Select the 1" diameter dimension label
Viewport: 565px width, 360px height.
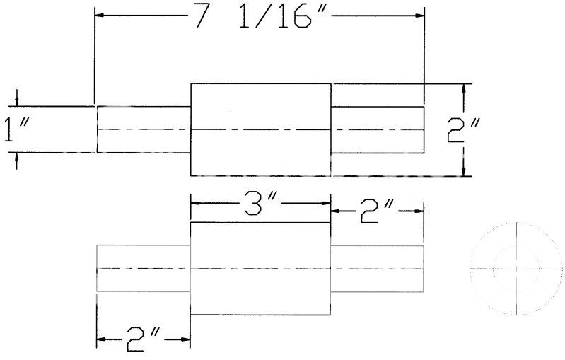[x=16, y=129]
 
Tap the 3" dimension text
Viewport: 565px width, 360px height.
[x=260, y=203]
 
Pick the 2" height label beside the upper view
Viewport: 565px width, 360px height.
[x=463, y=130]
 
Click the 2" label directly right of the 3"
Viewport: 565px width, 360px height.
[x=376, y=211]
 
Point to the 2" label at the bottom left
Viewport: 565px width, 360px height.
[x=143, y=339]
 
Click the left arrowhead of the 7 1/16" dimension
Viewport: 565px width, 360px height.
[x=100, y=16]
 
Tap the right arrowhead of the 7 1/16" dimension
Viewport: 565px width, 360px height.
[x=420, y=16]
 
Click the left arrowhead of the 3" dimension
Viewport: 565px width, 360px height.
[x=195, y=203]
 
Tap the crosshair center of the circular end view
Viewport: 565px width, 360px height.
[x=516, y=269]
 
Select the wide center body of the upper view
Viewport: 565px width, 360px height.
[x=260, y=129]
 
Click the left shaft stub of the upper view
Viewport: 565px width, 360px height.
[x=144, y=129]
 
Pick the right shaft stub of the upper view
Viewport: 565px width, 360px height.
[x=378, y=129]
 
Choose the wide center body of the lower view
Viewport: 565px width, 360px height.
[x=260, y=269]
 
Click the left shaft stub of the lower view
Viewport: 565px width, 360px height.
[x=143, y=269]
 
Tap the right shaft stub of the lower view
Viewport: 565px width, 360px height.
[x=377, y=269]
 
